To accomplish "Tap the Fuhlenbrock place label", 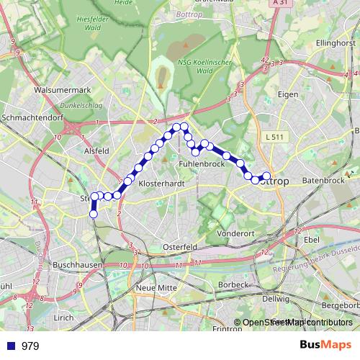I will pos(202,165).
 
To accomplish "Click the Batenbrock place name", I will pos(325,181).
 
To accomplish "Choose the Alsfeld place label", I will pos(96,151).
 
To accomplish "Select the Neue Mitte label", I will pos(156,287).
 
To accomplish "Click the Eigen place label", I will pos(289,94).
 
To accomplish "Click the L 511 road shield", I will pos(274,136).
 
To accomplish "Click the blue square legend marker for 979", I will pos(11,346).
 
